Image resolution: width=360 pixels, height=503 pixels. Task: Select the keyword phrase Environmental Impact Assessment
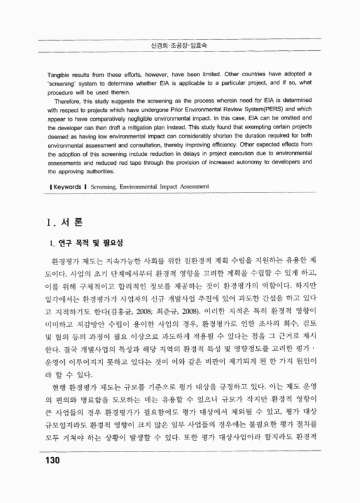170,186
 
